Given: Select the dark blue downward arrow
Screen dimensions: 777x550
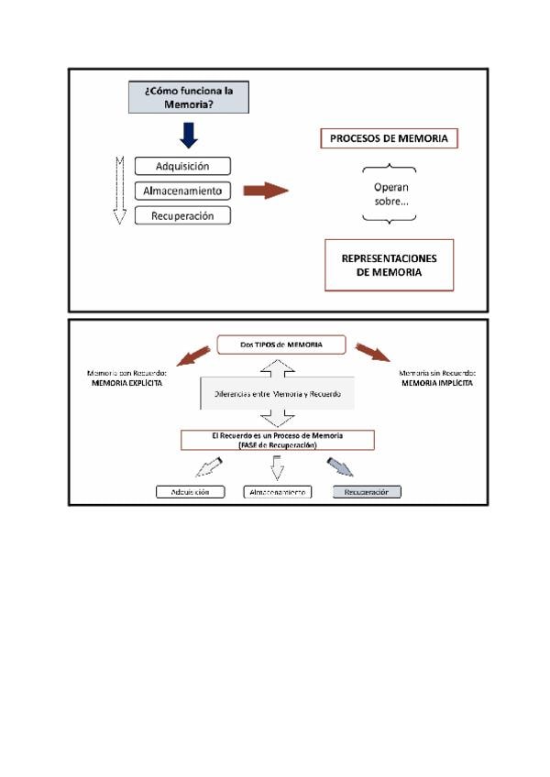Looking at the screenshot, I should [x=189, y=135].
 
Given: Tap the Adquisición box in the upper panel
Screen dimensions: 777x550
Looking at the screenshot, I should [x=182, y=167].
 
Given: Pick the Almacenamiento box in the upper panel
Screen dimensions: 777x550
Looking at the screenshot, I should [x=182, y=192].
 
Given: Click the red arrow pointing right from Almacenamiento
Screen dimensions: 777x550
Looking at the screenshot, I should [x=265, y=191].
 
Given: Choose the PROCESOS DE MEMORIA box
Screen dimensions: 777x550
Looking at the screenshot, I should [x=389, y=139].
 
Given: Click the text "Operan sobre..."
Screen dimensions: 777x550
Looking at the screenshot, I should [x=390, y=193].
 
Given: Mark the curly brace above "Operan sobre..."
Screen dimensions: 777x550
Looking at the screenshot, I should [x=390, y=169].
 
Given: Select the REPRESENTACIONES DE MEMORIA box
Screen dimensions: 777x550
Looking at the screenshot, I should [x=389, y=265].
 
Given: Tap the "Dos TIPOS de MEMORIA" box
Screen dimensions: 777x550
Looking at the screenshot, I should [x=281, y=345].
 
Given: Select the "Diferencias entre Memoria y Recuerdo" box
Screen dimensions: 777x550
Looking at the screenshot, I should [x=277, y=394].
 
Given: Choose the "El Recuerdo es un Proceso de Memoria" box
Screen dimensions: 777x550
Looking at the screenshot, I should [x=277, y=440].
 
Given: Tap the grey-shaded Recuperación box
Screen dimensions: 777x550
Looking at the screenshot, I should [x=366, y=492].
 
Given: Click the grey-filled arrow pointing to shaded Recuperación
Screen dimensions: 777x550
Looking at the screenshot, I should [x=340, y=468].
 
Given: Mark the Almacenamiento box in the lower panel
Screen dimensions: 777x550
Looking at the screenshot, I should [x=277, y=492].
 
